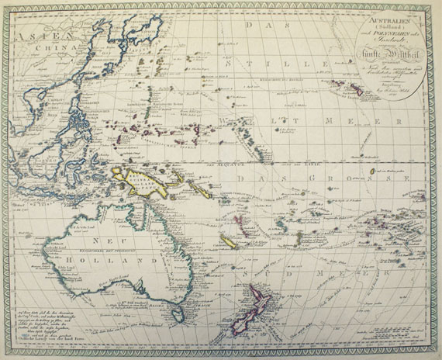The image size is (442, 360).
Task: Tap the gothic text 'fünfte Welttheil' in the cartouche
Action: coord(385,55)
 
